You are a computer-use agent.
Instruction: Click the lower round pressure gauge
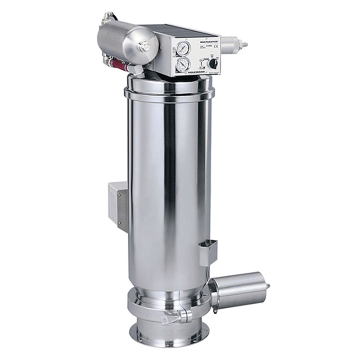pyautogui.click(x=183, y=64)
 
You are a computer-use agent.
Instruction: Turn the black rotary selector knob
pyautogui.click(x=213, y=63)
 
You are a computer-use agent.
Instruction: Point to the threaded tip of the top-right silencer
pyautogui.click(x=244, y=45)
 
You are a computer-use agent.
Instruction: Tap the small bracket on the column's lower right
pyautogui.click(x=208, y=252)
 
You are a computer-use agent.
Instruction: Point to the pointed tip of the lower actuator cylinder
pyautogui.click(x=268, y=286)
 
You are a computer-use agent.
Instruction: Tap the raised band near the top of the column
pyautogui.click(x=169, y=95)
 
